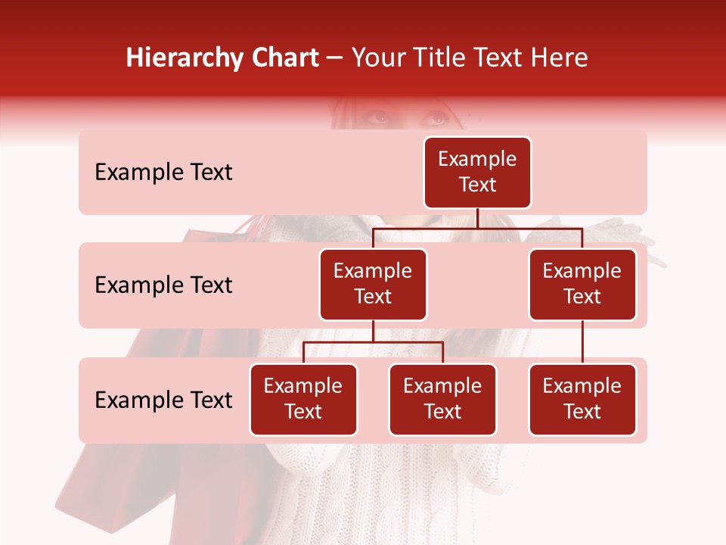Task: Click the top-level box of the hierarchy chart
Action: click(x=477, y=173)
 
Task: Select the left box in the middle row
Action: click(x=373, y=285)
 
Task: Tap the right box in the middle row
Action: click(x=582, y=285)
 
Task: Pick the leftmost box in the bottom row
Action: click(x=303, y=400)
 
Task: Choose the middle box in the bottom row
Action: click(x=442, y=400)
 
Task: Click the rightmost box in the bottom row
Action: click(x=582, y=400)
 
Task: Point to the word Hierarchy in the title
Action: click(x=183, y=58)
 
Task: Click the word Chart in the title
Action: click(x=283, y=58)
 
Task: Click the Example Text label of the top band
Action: click(x=163, y=173)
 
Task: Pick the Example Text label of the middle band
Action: click(x=163, y=285)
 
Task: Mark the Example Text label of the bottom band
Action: click(x=163, y=400)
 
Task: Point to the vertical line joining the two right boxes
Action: click(x=582, y=342)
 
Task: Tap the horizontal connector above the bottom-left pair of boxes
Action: click(x=373, y=342)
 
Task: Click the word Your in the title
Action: click(x=376, y=58)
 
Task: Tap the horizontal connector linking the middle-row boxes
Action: click(x=477, y=228)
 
